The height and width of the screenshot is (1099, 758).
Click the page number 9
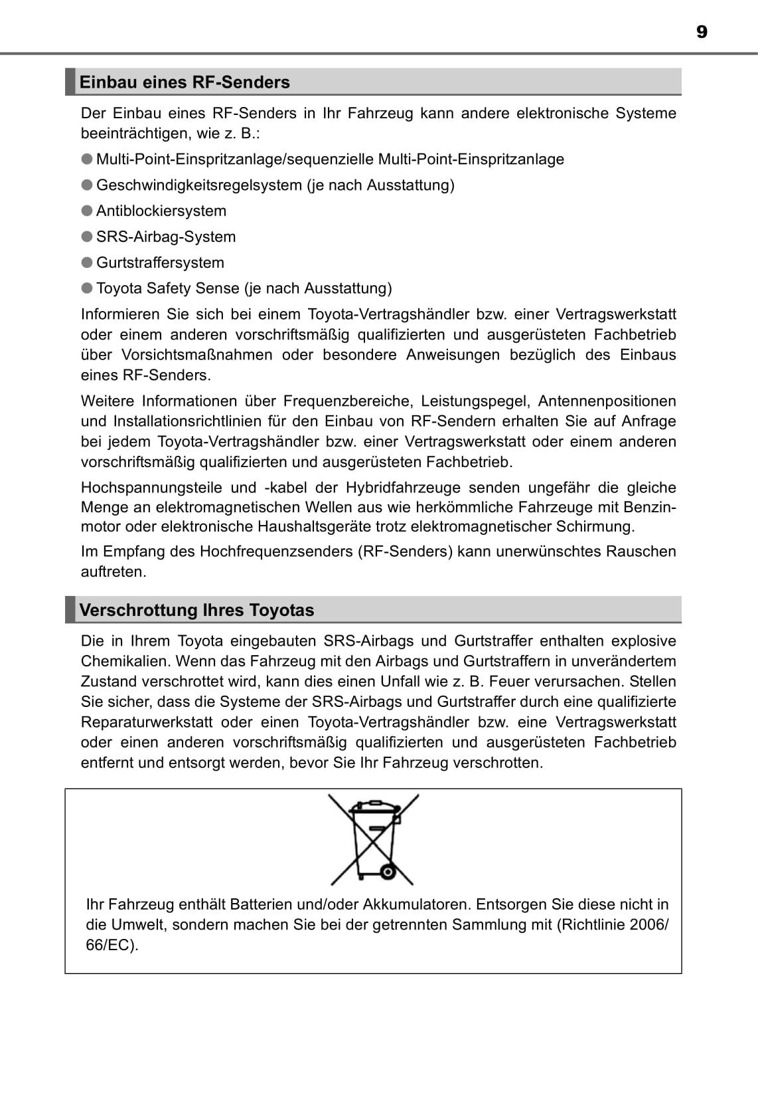[702, 32]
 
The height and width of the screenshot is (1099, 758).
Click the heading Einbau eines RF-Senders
[185, 82]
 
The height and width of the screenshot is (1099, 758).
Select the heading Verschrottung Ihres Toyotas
[196, 610]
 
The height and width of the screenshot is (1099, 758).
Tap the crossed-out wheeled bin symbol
[373, 839]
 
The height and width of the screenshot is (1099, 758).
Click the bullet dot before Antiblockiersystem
[87, 211]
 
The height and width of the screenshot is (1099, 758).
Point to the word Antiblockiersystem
[161, 211]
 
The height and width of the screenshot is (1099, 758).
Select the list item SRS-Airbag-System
[166, 237]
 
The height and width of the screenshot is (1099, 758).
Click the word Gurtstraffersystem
[160, 263]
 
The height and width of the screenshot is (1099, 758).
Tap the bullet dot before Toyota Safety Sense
[87, 288]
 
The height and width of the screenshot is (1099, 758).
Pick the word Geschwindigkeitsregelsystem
[199, 185]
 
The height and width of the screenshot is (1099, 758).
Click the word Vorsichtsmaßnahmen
[196, 355]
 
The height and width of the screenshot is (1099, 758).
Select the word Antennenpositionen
[607, 401]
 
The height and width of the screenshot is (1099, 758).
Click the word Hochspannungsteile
[151, 488]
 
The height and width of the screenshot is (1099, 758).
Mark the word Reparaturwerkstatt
[147, 722]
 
